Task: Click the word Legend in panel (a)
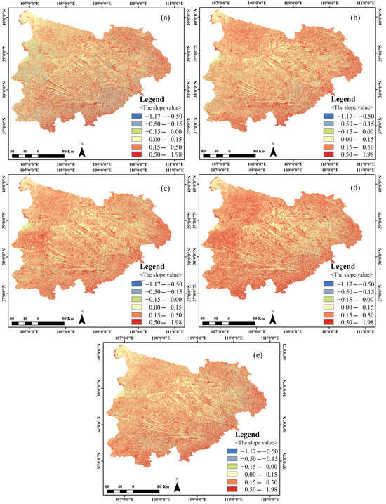coord(152,100)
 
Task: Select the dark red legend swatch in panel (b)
coord(329,155)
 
